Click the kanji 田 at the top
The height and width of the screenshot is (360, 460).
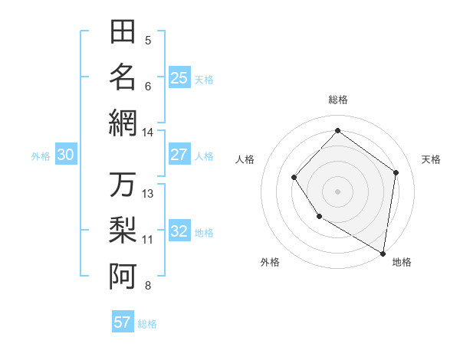(x=123, y=32)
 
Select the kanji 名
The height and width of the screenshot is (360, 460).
(x=123, y=77)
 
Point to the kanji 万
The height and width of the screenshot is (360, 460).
(x=123, y=185)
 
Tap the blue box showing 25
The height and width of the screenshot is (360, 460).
(x=179, y=77)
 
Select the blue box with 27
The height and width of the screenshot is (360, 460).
(x=179, y=155)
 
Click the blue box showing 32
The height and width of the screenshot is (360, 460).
(x=179, y=231)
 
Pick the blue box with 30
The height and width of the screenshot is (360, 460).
(x=65, y=155)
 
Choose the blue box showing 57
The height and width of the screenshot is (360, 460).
(x=123, y=322)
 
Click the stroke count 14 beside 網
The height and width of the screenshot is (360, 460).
(x=147, y=133)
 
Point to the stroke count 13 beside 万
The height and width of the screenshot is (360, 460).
(x=148, y=194)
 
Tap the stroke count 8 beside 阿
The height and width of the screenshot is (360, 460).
(x=148, y=286)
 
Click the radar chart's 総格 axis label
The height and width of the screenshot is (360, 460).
(x=337, y=100)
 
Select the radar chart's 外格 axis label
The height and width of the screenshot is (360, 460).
(x=270, y=262)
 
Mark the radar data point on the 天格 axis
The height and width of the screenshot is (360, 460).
(x=396, y=172)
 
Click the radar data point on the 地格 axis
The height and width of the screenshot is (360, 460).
(x=383, y=253)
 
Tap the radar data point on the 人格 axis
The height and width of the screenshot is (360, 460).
(x=294, y=178)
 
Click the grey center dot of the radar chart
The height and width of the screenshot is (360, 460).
(x=337, y=191)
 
